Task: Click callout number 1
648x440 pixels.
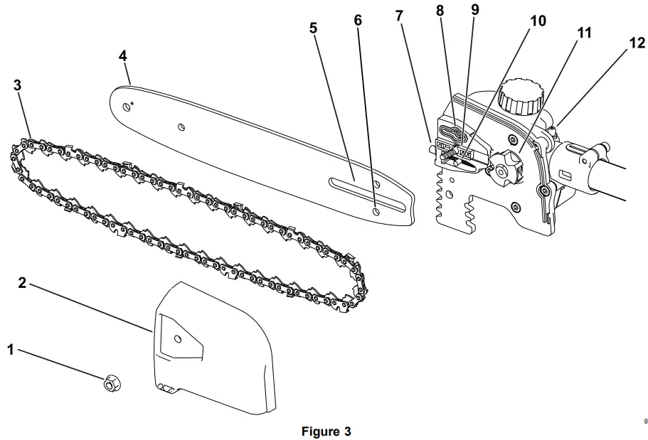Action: [10, 349]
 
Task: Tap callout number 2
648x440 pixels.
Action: [22, 283]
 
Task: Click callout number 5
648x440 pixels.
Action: [313, 28]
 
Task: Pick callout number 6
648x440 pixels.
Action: [357, 20]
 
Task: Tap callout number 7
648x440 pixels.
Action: [400, 14]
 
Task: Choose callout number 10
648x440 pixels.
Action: [538, 21]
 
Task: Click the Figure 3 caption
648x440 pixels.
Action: [326, 431]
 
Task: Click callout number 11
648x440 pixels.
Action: [583, 33]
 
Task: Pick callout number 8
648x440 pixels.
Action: [440, 10]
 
